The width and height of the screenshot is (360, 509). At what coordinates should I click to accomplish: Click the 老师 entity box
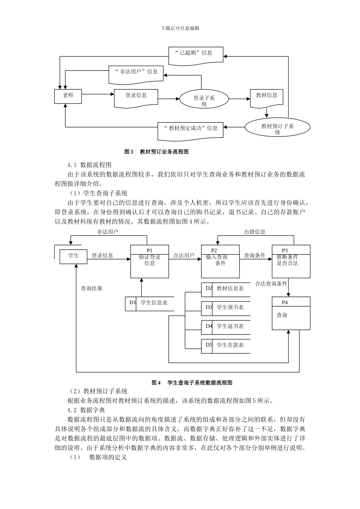point(68,96)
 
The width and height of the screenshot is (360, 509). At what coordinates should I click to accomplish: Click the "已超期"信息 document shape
point(196,55)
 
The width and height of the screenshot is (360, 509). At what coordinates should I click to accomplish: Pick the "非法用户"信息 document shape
point(136,73)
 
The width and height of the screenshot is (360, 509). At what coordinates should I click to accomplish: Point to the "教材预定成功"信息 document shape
point(190,130)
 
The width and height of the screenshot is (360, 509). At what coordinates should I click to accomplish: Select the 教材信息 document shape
point(266,98)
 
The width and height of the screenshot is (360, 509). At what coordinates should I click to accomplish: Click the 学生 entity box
point(74,256)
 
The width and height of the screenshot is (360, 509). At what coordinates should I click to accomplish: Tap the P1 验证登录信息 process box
point(150,261)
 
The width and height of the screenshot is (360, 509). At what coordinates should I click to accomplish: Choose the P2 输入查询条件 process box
point(220,261)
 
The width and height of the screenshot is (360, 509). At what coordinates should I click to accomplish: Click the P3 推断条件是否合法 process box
point(291,261)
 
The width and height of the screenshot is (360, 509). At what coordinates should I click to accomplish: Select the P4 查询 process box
point(291,314)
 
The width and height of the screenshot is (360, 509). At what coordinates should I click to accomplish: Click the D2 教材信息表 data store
point(226,289)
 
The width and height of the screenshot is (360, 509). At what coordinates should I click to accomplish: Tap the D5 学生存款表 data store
point(226,345)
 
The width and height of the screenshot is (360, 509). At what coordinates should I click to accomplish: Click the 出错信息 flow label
point(255,232)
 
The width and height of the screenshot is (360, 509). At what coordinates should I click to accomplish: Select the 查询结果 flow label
point(91,289)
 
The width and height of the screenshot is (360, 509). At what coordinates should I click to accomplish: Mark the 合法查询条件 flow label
point(271,284)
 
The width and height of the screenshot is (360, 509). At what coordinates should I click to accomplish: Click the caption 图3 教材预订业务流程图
point(157,152)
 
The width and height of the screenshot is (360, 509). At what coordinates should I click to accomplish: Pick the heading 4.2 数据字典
point(86,410)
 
